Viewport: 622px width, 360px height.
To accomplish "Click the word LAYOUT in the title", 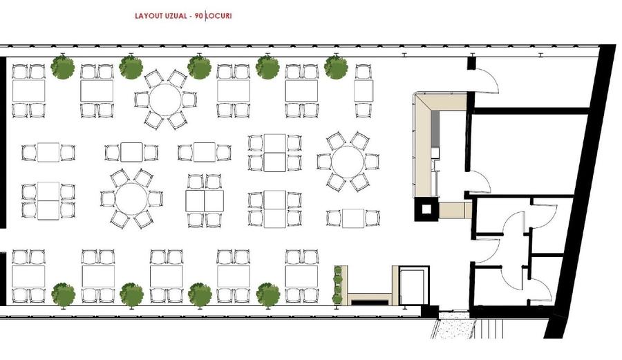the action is point(149,16).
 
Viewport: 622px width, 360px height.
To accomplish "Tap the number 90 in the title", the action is point(199,16).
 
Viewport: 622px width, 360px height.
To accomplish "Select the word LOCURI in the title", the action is point(219,16).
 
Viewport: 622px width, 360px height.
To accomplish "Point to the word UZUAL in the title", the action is point(175,16).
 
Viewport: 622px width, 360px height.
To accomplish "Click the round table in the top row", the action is point(165,100).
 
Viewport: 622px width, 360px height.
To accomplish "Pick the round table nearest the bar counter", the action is point(348,162).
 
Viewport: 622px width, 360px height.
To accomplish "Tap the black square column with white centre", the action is point(426,209).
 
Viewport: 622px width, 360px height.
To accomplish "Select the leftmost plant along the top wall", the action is point(63,67).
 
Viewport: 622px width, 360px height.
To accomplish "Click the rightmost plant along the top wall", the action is point(336,67).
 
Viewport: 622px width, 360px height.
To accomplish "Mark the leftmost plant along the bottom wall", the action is point(64,294).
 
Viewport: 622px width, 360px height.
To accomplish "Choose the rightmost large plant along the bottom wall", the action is point(268,294).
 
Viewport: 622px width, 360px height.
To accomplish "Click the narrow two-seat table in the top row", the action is point(364,91).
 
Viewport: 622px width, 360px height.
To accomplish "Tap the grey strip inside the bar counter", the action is point(435,129).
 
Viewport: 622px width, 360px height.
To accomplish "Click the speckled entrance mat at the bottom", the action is point(454,328).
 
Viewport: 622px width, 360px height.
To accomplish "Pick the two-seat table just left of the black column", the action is point(353,218).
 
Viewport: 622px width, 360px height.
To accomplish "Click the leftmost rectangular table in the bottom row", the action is point(28,276).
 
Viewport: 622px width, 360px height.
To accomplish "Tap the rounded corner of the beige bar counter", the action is point(419,98).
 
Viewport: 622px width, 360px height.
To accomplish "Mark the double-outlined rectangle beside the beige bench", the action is point(414,285).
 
